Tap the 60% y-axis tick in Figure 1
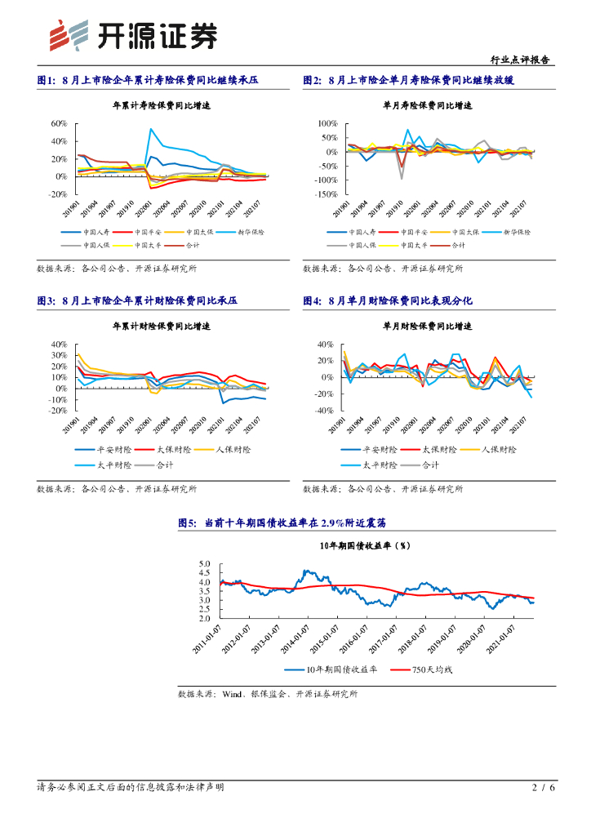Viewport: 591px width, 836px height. pyautogui.click(x=59, y=124)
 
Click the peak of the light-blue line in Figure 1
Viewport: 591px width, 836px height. pyautogui.click(x=151, y=128)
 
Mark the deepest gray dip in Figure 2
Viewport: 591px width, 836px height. pyautogui.click(x=402, y=177)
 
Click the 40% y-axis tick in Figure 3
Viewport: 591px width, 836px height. pyautogui.click(x=59, y=345)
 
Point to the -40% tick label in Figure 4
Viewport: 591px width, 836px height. pyautogui.click(x=325, y=411)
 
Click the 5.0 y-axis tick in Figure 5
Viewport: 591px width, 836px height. pyautogui.click(x=204, y=564)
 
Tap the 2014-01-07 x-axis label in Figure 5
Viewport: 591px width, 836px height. pyautogui.click(x=295, y=638)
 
